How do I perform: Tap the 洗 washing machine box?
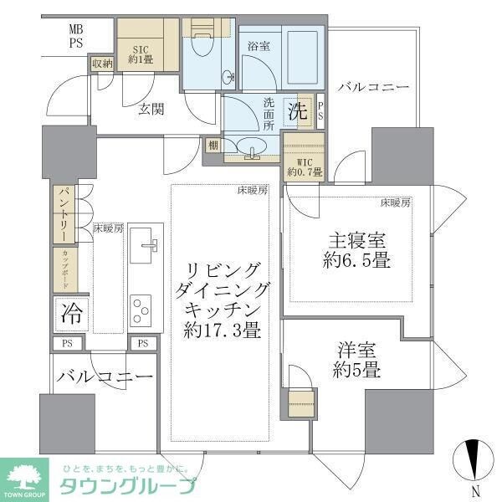coord(297,110)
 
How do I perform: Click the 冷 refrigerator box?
coord(70,315)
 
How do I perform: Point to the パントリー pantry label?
coord(64,213)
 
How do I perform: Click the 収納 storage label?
coord(102,64)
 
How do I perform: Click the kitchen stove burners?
coord(140,309)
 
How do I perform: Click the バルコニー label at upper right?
coord(373,86)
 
